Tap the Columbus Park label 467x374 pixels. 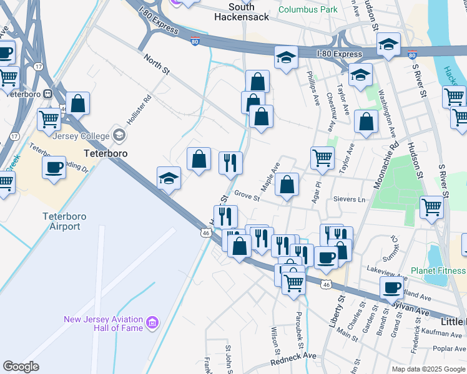tap(308, 9)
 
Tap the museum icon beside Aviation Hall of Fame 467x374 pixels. tap(153, 323)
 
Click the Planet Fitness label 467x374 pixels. tap(438, 271)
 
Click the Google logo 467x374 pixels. tap(21, 367)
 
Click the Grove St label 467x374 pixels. tap(247, 196)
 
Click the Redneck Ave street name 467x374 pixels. tap(293, 359)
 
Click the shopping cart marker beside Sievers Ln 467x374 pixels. tap(431, 208)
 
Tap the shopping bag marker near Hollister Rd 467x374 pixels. tap(78, 103)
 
